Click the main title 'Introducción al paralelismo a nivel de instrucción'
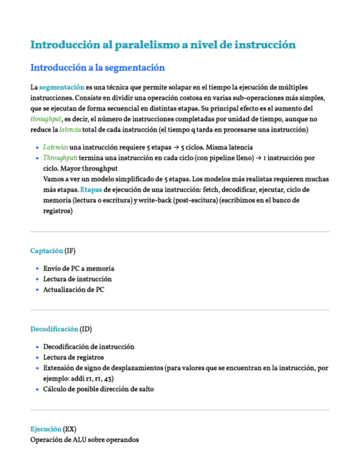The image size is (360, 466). click(x=163, y=45)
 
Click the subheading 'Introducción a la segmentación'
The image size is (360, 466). click(x=98, y=68)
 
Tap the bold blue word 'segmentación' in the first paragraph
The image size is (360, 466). click(x=62, y=87)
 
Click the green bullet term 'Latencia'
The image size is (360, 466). click(x=55, y=147)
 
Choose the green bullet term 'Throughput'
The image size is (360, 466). click(x=59, y=158)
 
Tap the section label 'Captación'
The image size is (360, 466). click(x=46, y=251)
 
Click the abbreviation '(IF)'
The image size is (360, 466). click(x=70, y=251)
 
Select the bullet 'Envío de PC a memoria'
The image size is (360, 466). click(x=79, y=269)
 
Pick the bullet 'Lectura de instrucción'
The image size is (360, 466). click(x=77, y=279)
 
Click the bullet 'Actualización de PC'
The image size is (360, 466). click(x=74, y=290)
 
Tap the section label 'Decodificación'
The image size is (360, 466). click(x=54, y=329)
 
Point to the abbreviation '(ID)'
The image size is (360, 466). click(x=86, y=329)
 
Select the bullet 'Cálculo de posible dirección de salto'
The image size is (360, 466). click(x=98, y=389)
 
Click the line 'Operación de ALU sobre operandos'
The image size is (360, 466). click(x=85, y=440)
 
